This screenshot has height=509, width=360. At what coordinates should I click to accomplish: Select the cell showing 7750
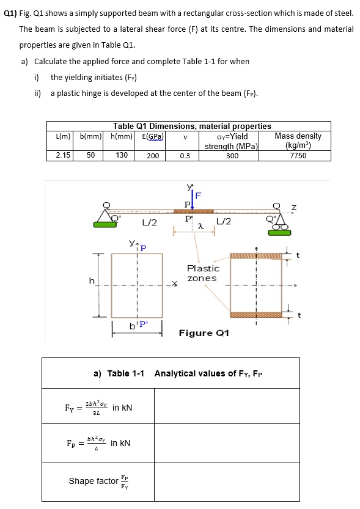coord(298,155)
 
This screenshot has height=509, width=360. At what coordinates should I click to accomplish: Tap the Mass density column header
coord(298,141)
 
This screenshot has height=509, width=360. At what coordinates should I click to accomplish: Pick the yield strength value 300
coord(232,155)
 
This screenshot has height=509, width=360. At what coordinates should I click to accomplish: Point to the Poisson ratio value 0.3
coord(185,155)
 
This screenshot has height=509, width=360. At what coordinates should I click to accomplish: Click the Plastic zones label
coord(203,273)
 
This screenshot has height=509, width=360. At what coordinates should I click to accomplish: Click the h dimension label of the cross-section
coord(92,280)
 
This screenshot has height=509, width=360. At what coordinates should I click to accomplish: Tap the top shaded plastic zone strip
coord(256,257)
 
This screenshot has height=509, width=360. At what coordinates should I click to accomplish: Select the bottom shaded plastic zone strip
coord(256,315)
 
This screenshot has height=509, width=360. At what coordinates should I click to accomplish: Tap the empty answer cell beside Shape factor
coord(226,481)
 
